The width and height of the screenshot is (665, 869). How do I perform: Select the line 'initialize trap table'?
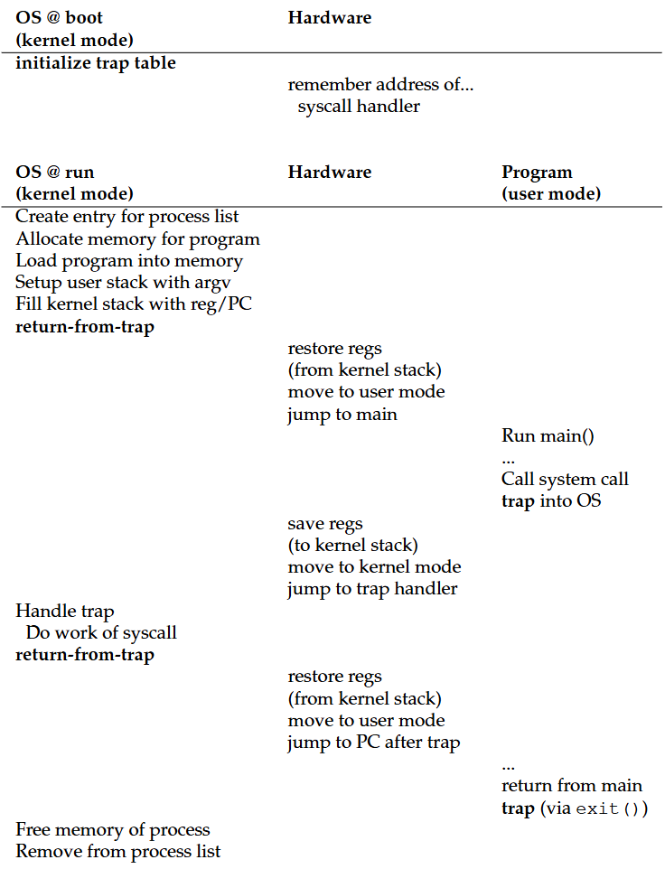[96, 63]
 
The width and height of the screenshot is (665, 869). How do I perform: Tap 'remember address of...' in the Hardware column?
[380, 85]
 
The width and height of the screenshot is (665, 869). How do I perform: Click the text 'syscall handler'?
[359, 107]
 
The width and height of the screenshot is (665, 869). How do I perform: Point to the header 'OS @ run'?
[54, 172]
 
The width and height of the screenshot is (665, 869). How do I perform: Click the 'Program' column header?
[537, 172]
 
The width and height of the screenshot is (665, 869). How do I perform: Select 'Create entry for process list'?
[127, 217]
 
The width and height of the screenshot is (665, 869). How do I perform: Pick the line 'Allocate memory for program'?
[137, 238]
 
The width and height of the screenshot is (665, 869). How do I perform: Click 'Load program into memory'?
[129, 261]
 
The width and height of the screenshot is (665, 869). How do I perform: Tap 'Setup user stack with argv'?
[124, 283]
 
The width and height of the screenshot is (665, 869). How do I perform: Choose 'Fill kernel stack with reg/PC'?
[134, 304]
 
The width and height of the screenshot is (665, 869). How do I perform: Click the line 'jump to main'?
[342, 415]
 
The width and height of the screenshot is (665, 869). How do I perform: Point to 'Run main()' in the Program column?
[548, 436]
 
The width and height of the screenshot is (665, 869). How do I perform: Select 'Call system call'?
[565, 479]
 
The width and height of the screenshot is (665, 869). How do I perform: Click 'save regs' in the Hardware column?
[325, 523]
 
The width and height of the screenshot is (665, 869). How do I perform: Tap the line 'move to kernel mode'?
[374, 567]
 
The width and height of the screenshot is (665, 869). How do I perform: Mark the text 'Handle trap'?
[65, 612]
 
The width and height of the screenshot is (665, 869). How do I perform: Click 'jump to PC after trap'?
[374, 743]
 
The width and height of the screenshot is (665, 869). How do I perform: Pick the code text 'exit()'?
[609, 808]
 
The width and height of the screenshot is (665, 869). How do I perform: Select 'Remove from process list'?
[118, 851]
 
